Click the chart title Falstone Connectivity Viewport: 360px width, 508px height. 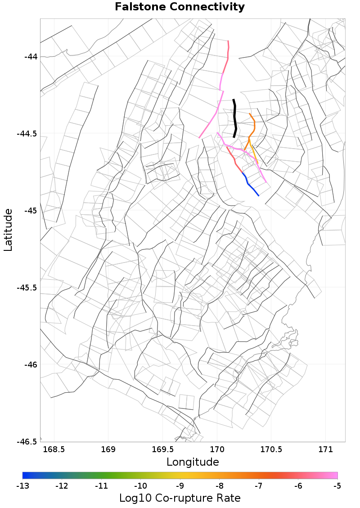(180, 7)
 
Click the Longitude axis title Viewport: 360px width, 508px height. (193, 462)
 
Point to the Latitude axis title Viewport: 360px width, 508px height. (8, 230)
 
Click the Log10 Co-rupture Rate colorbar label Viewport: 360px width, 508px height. (180, 498)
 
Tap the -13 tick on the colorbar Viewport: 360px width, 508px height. (22, 485)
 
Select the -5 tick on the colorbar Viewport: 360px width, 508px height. (337, 485)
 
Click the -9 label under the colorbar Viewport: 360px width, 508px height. (180, 485)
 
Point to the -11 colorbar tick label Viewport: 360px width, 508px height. (101, 485)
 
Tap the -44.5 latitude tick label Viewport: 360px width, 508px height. (28, 134)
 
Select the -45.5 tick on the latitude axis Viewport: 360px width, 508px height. (28, 287)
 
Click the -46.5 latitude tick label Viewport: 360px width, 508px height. (28, 441)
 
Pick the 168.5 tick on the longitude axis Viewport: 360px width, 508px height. (54, 449)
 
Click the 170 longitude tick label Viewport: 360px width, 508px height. (217, 449)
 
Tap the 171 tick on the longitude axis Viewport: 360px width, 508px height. (325, 449)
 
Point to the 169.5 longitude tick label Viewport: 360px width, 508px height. (163, 449)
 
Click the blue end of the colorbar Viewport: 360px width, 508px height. (25, 475)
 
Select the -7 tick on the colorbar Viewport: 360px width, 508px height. (259, 485)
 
